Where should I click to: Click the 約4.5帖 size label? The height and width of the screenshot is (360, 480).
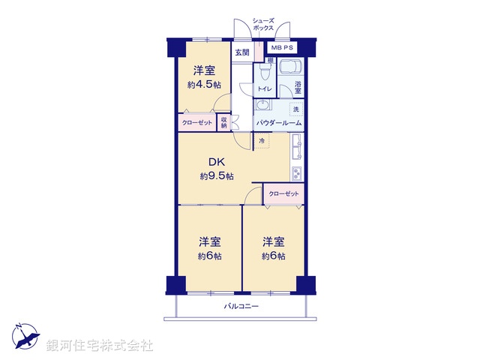click(x=204, y=85)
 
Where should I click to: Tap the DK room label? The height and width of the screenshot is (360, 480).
click(x=216, y=160)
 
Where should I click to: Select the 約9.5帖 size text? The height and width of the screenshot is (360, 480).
click(x=216, y=176)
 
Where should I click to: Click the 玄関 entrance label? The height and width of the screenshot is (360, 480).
click(x=241, y=52)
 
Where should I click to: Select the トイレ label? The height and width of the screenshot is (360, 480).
click(x=265, y=89)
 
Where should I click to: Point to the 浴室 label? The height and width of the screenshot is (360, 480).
click(x=298, y=87)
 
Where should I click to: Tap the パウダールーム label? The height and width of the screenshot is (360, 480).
click(x=279, y=122)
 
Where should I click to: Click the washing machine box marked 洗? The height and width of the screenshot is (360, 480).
click(x=295, y=110)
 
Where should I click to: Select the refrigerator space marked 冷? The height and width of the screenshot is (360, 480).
click(x=262, y=141)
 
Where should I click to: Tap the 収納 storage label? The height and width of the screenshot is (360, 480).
click(x=223, y=121)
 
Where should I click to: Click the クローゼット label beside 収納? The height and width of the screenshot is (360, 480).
click(x=196, y=122)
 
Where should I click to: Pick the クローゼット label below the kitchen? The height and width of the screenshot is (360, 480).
click(x=283, y=194)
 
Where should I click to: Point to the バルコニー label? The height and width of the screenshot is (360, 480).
click(x=241, y=307)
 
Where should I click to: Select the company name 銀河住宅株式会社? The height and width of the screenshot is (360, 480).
click(x=100, y=346)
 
